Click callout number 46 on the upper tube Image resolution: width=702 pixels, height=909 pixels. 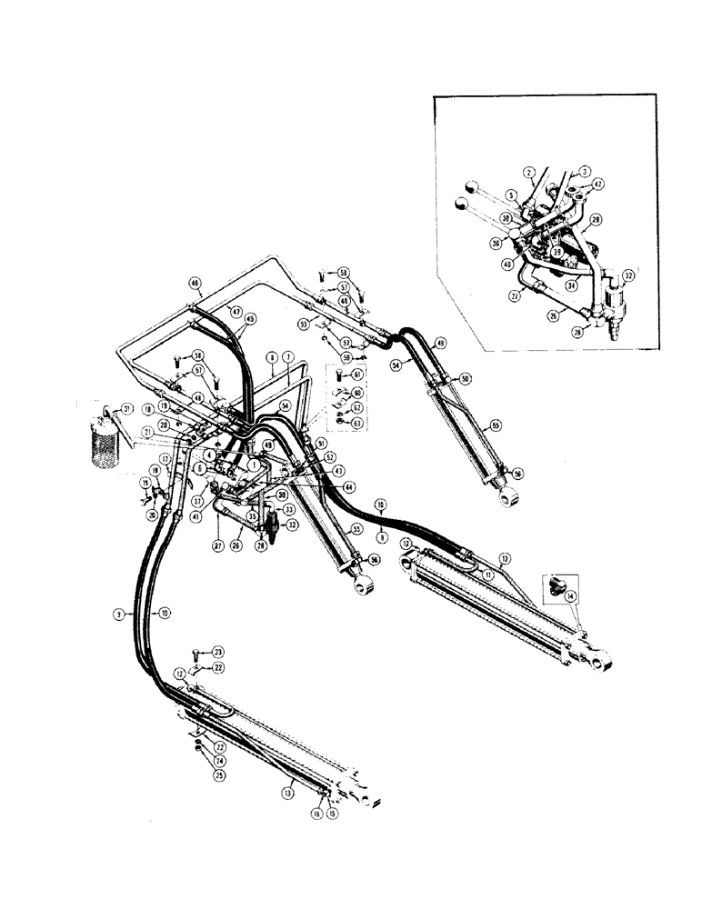(194, 283)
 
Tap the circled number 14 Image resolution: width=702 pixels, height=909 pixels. (571, 597)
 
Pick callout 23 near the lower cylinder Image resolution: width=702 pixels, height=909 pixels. (217, 652)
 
